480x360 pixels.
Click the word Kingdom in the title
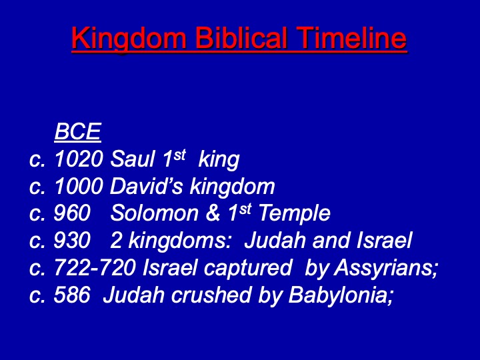click(x=129, y=39)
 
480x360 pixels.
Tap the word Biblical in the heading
click(x=241, y=37)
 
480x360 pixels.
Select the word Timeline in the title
click(x=351, y=37)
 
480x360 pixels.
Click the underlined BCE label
click(x=78, y=131)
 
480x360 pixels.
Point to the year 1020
click(x=79, y=159)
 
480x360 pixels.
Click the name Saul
click(x=132, y=159)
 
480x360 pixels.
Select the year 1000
click(x=79, y=186)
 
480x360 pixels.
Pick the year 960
click(x=72, y=213)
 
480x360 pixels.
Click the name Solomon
click(x=154, y=213)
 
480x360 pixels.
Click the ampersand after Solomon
click(x=213, y=213)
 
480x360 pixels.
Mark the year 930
click(x=72, y=240)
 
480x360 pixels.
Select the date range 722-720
click(x=95, y=267)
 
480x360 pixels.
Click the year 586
click(x=72, y=295)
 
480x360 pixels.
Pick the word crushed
click(x=211, y=295)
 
